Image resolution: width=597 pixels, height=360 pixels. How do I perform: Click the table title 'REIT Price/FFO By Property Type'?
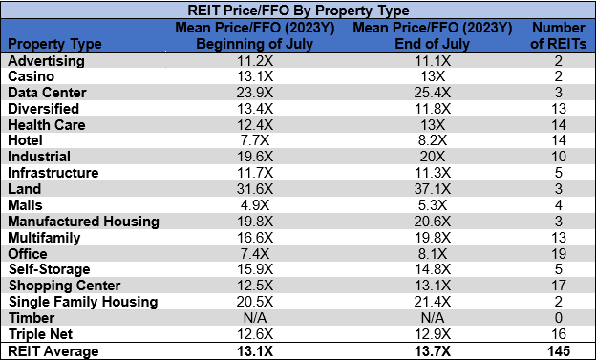tap(298, 11)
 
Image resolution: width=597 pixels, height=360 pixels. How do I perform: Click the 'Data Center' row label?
tap(47, 93)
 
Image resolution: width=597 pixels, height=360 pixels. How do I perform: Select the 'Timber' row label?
tap(31, 318)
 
